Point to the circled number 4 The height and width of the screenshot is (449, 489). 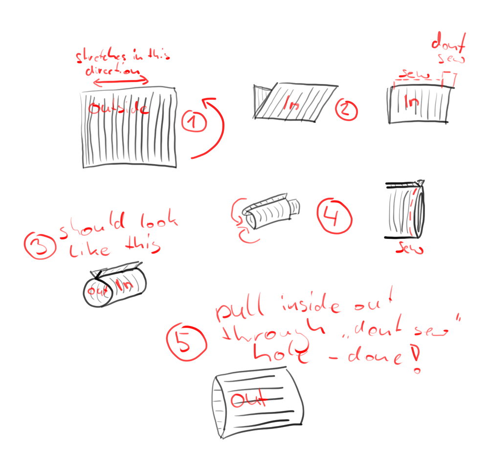334,215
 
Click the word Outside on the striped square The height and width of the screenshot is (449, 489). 118,108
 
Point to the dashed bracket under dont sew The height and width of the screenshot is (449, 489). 449,79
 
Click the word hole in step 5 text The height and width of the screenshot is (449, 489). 280,354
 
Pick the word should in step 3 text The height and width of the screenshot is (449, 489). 93,226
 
